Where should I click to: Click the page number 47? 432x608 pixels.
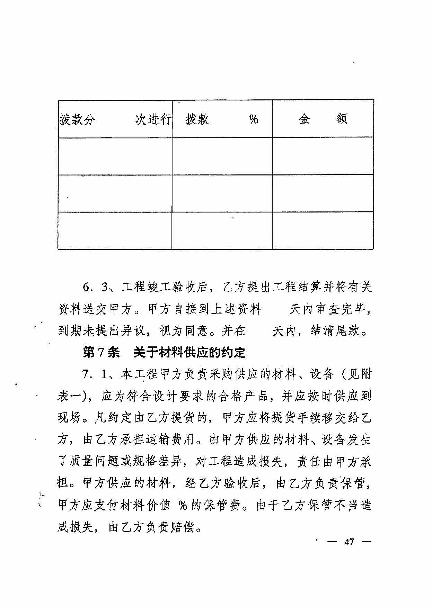coord(349,542)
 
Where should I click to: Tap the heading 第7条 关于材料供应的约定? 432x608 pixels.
coord(164,353)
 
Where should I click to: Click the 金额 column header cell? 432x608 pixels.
coord(323,119)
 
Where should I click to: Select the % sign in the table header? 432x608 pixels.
coord(254,119)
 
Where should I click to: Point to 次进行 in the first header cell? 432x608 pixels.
coord(153,120)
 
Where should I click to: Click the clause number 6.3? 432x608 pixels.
coord(94,287)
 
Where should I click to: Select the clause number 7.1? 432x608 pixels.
coord(94,374)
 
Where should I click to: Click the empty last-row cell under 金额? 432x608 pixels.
coord(323,230)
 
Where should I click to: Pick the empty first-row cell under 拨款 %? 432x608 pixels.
coord(222,156)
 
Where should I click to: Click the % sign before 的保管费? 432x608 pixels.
coord(183,506)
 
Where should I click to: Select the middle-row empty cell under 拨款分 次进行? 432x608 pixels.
coord(115,193)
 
